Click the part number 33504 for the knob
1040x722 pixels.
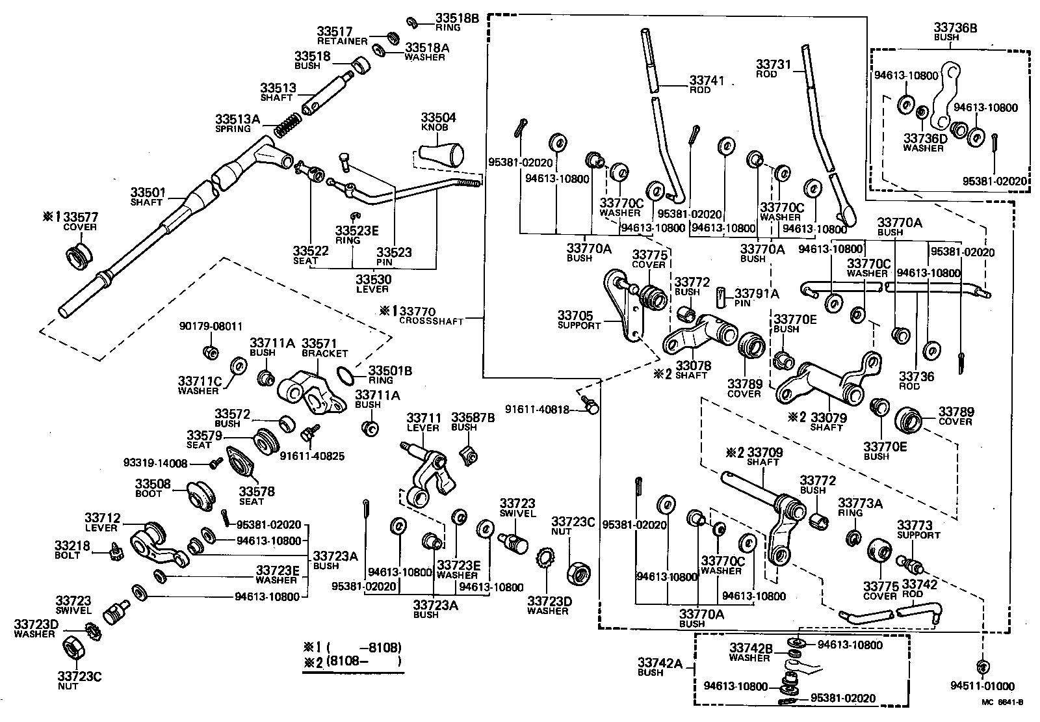[438, 118]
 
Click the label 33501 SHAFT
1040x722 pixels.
[148, 197]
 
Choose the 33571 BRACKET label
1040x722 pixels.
[324, 347]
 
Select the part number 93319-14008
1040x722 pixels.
[155, 463]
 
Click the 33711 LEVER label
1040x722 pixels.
[423, 422]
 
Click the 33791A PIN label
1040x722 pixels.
[757, 298]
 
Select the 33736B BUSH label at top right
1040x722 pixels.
[955, 31]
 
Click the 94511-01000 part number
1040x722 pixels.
[981, 686]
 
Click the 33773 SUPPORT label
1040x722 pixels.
[918, 529]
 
